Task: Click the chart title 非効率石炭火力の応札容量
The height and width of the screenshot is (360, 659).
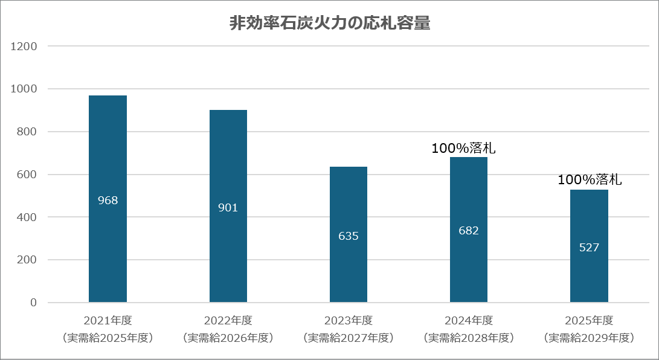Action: click(x=330, y=24)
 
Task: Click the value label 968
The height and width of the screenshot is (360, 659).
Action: click(x=108, y=201)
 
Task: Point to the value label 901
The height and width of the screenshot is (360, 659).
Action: click(x=228, y=208)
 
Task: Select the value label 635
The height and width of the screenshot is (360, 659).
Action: click(x=349, y=236)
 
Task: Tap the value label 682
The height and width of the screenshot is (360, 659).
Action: click(x=469, y=231)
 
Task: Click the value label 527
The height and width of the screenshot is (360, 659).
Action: click(x=589, y=248)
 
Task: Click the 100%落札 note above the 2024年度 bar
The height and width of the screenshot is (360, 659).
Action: click(x=468, y=148)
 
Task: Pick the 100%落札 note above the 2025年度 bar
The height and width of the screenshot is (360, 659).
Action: click(x=590, y=179)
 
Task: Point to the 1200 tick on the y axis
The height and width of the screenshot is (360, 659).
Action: click(x=25, y=46)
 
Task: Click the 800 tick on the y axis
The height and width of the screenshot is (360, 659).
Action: click(x=28, y=132)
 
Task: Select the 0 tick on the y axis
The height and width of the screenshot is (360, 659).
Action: click(x=34, y=303)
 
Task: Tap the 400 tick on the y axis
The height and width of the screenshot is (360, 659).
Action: click(x=28, y=217)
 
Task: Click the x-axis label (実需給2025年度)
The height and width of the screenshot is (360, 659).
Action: click(x=108, y=337)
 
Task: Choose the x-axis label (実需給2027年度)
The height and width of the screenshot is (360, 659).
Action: click(x=349, y=337)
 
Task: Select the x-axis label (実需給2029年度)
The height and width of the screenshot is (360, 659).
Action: click(x=589, y=337)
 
